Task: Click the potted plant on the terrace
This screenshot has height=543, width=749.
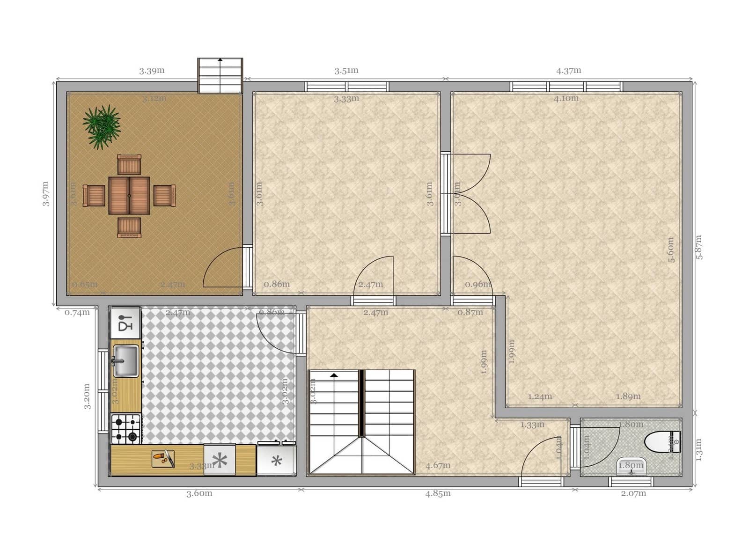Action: coord(102,125)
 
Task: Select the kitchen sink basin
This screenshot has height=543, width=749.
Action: coord(126,361)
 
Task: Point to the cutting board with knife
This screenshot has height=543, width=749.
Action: coord(163,458)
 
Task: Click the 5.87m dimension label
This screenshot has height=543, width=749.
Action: coord(699,247)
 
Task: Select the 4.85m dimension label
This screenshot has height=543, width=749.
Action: coord(438,493)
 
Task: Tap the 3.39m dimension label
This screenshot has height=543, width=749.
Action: coord(152,71)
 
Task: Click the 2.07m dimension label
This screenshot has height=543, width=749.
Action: coord(633,493)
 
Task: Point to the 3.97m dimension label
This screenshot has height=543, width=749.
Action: coord(46,193)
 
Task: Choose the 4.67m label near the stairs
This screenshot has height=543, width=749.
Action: coord(438,465)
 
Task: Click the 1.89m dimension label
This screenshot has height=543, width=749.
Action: coord(628,396)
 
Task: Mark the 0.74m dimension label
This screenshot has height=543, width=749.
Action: coord(77,313)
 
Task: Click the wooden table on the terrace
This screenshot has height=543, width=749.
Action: coord(129,195)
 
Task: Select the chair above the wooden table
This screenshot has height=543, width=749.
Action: coord(129,164)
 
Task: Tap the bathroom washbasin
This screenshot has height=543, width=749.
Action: coord(631,466)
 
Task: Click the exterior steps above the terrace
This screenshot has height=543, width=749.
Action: coord(220,75)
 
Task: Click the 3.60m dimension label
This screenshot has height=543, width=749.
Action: coord(199,493)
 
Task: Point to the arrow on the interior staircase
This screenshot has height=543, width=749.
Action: coord(334,375)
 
